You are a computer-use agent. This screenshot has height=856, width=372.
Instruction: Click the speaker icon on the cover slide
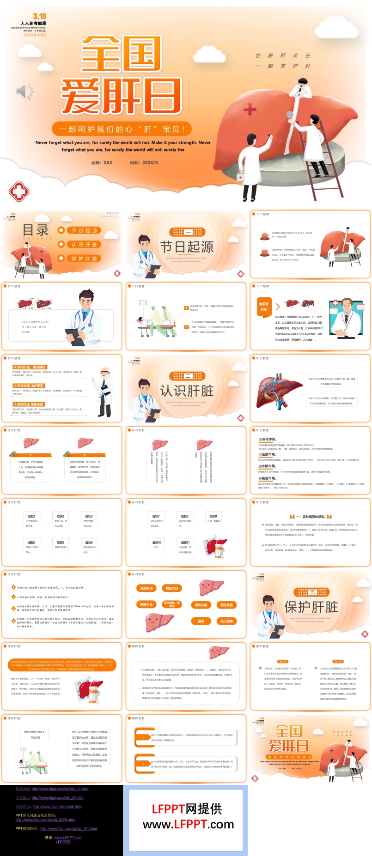click(24, 91)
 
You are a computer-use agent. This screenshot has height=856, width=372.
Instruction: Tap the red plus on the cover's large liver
click(250, 109)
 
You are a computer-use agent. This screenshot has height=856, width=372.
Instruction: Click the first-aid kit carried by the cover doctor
click(240, 177)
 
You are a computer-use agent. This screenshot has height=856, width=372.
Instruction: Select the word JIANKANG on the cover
click(35, 35)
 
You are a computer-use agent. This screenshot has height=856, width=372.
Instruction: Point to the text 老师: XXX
click(102, 163)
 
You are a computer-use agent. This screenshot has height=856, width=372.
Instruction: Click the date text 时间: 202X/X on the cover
click(144, 163)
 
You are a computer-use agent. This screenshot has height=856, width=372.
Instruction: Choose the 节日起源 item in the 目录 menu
click(84, 230)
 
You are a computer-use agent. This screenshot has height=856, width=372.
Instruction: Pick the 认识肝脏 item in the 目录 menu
click(84, 244)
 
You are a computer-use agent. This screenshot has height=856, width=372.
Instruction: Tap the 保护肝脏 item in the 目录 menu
click(84, 259)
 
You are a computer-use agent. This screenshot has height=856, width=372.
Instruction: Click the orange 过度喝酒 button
click(146, 588)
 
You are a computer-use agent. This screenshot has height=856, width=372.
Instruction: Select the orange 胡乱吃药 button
click(172, 588)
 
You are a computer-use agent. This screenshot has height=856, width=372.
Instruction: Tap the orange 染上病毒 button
click(226, 621)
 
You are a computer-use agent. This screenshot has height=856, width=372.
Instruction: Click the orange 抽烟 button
click(201, 621)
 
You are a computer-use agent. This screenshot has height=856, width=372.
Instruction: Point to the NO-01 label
click(283, 661)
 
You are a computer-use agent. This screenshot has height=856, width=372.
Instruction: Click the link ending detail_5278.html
click(45, 820)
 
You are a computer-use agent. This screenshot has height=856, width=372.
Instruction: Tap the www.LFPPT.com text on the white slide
click(188, 824)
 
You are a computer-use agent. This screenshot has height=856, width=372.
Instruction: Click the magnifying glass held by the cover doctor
click(290, 115)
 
